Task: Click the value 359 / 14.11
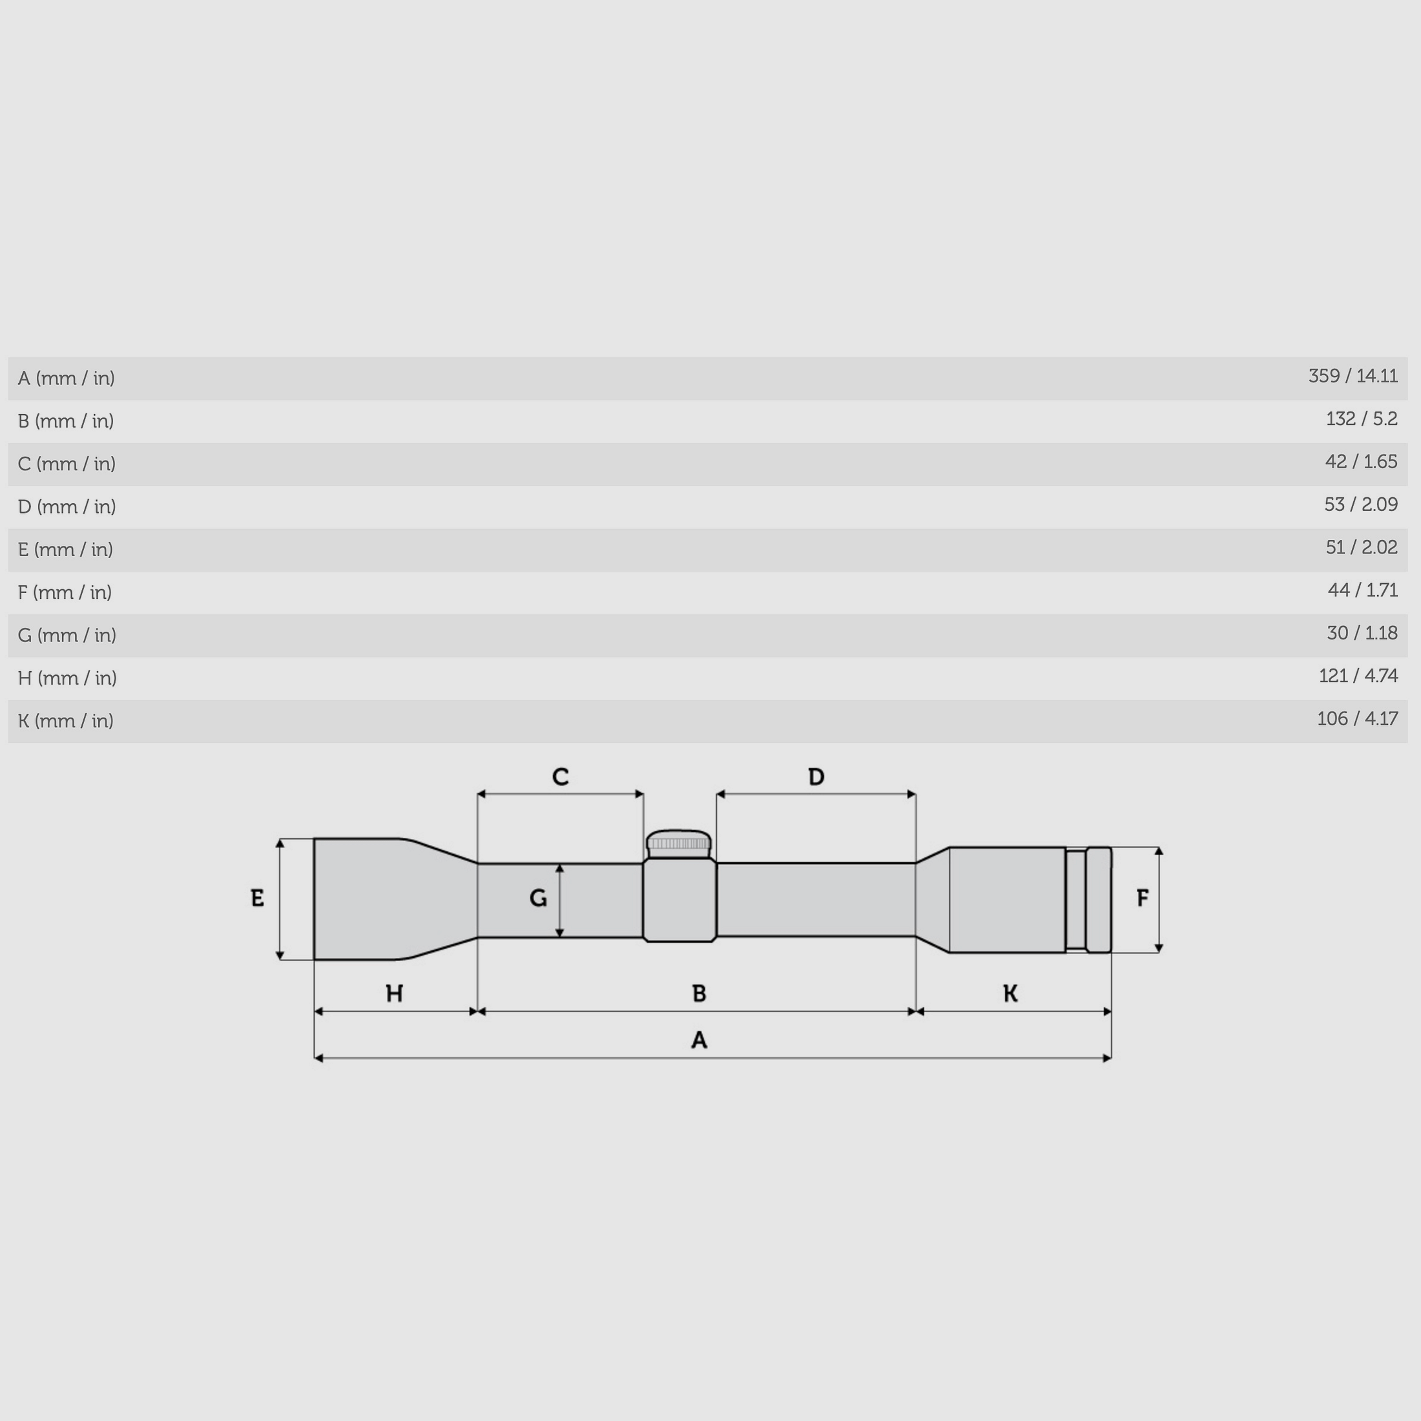tap(1352, 377)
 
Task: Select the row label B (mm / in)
tap(65, 420)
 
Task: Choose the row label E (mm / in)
tap(65, 550)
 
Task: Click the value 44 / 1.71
tap(1362, 590)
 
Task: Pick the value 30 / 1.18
tap(1361, 633)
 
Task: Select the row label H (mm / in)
tap(67, 678)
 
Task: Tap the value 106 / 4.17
tap(1356, 719)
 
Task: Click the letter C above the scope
tap(560, 776)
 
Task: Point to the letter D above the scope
tap(816, 776)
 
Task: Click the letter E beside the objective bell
tap(256, 898)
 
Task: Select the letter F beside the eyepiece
tap(1141, 898)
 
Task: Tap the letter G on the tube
tap(537, 898)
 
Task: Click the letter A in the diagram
tap(699, 1040)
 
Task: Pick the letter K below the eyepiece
tap(1010, 993)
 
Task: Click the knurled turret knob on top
tap(678, 843)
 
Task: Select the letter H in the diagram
tap(394, 993)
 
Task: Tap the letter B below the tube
tap(699, 993)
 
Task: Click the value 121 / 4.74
tap(1357, 676)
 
